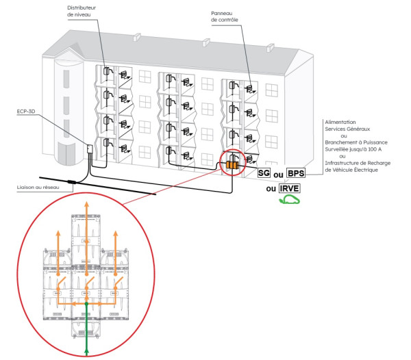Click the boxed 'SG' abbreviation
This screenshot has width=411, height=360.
264,173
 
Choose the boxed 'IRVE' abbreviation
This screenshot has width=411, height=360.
291,188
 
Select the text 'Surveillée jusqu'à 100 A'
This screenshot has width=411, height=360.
354,150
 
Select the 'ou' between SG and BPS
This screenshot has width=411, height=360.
279,174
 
